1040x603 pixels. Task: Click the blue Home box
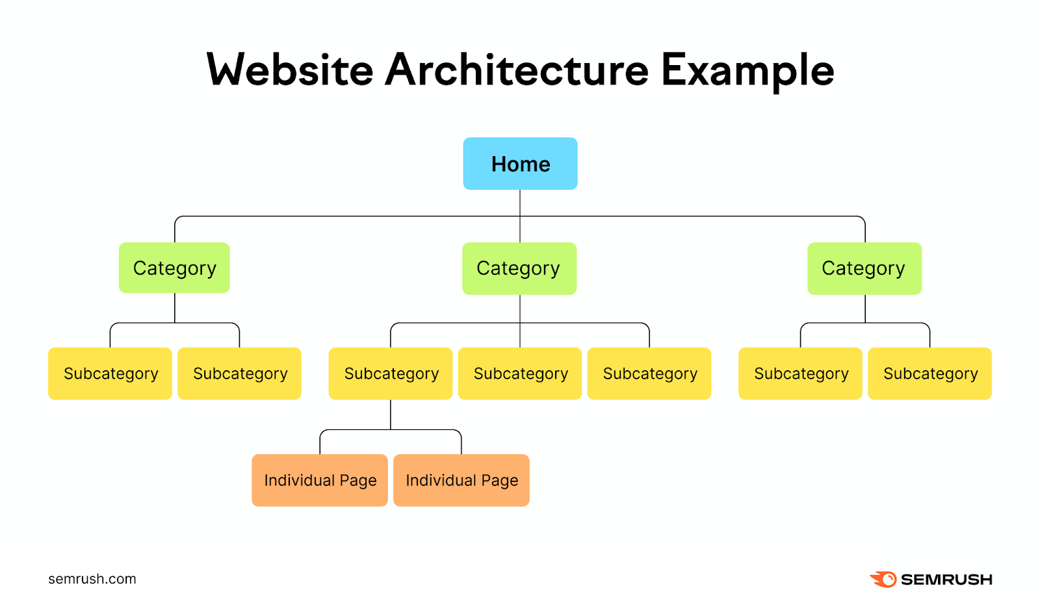(520, 163)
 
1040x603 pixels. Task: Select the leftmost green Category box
(174, 267)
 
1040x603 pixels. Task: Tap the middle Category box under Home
(519, 268)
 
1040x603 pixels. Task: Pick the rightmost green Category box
(864, 268)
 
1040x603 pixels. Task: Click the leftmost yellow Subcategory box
(110, 373)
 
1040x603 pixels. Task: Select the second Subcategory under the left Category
(239, 373)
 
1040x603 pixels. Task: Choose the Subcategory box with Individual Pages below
(391, 373)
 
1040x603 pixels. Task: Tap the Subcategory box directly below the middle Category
(520, 373)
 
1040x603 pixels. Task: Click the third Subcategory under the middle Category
(649, 373)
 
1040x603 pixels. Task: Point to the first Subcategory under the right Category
(800, 373)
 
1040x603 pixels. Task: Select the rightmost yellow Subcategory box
(929, 373)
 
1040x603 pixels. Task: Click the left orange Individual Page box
(320, 480)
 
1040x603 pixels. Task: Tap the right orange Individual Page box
(461, 480)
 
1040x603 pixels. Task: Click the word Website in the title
(290, 70)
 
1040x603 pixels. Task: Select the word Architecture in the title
(517, 70)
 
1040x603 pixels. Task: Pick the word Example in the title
(747, 70)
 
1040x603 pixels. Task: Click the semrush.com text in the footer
(92, 579)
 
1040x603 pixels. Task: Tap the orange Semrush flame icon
(883, 579)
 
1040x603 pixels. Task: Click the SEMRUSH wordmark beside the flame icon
(946, 580)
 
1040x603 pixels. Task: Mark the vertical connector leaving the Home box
(520, 203)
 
